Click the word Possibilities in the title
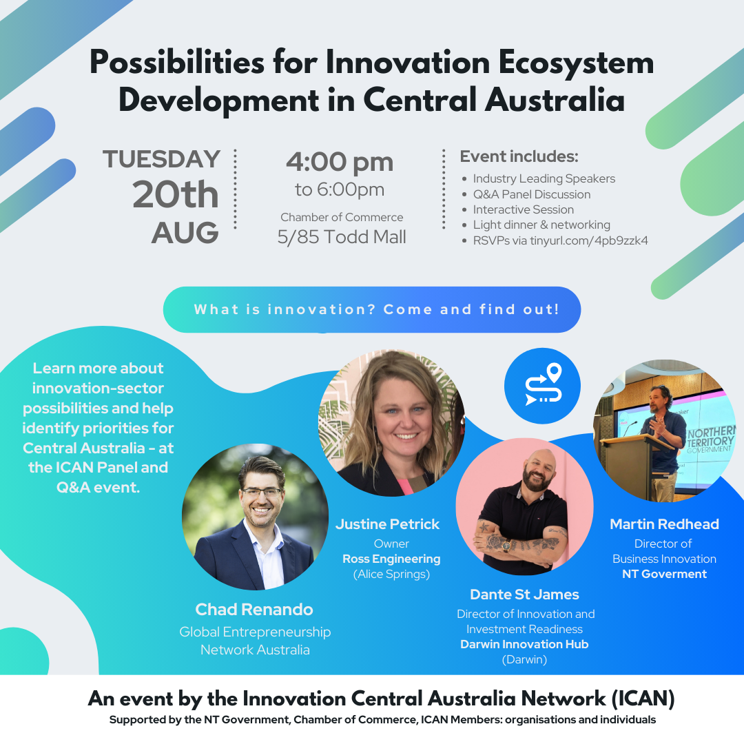pyautogui.click(x=177, y=63)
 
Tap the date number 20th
pyautogui.click(x=176, y=194)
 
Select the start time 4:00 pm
pyautogui.click(x=340, y=163)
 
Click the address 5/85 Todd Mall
pyautogui.click(x=342, y=237)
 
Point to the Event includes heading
pyautogui.click(x=519, y=156)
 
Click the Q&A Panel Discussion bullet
pyautogui.click(x=531, y=194)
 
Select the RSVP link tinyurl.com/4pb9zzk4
pyautogui.click(x=589, y=240)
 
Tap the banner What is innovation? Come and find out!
pyautogui.click(x=372, y=309)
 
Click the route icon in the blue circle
pyautogui.click(x=543, y=384)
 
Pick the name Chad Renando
pyautogui.click(x=254, y=609)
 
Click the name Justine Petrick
pyautogui.click(x=388, y=524)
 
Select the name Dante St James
pyautogui.click(x=524, y=594)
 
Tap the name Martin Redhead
pyautogui.click(x=664, y=524)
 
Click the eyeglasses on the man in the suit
pyautogui.click(x=262, y=493)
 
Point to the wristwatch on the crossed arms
pyautogui.click(x=507, y=546)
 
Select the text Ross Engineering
pyautogui.click(x=391, y=559)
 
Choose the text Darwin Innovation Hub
pyautogui.click(x=524, y=644)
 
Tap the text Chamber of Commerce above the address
pyautogui.click(x=342, y=217)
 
